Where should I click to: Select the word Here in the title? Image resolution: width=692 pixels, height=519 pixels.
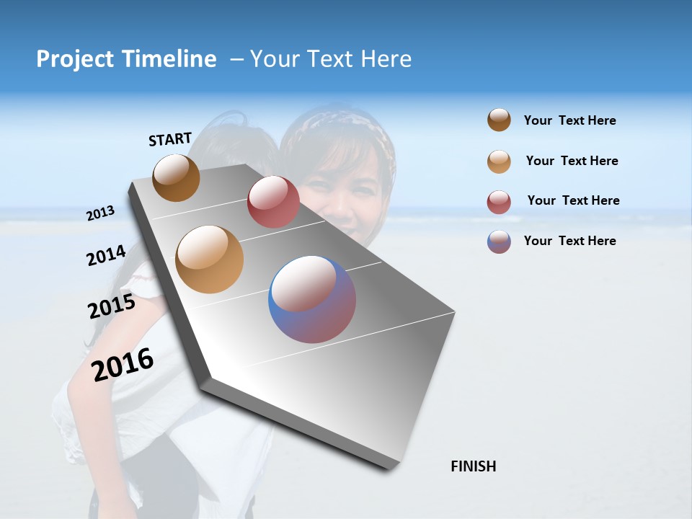386,59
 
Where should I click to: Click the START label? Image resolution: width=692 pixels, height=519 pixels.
170,139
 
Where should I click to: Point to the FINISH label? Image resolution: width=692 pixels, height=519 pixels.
474,466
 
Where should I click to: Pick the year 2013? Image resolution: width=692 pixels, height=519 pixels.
100,213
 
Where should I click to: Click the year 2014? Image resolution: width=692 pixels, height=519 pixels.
106,255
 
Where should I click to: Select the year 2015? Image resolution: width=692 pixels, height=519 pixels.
112,307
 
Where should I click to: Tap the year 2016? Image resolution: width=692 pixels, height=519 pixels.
123,365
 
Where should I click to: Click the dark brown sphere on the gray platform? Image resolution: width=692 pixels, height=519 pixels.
176,177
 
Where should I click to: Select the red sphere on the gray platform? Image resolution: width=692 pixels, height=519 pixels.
273,202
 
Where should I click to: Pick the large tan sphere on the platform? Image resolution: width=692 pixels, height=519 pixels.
209,259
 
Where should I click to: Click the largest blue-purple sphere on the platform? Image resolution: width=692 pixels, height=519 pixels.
312,299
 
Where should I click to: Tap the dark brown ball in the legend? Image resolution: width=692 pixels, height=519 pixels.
499,120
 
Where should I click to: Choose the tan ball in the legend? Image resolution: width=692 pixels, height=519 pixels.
499,161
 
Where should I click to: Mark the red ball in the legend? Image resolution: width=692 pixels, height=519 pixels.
499,202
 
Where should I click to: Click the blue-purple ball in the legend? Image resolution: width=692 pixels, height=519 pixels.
499,241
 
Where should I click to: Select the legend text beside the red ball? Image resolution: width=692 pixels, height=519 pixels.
573,200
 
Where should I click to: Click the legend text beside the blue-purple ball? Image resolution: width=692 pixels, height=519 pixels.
569,241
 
